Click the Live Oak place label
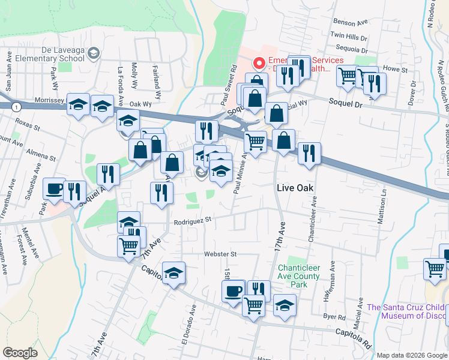tap(296, 188)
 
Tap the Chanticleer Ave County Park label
tap(301, 276)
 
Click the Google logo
tap(20, 353)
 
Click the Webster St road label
tap(220, 254)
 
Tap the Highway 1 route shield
tap(16, 106)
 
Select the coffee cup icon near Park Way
tap(53, 189)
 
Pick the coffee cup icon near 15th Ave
tap(233, 291)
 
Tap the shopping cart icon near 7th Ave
tap(129, 246)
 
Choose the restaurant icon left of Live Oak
tap(161, 193)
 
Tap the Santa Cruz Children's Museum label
tap(408, 312)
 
